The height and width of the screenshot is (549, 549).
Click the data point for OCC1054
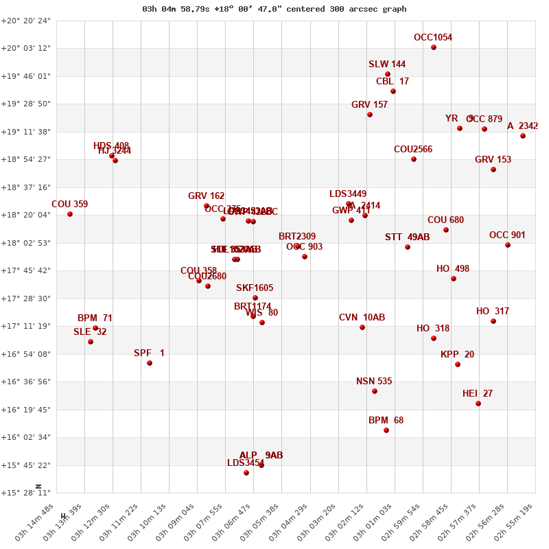(x=434, y=47)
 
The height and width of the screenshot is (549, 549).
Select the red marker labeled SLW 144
(x=388, y=74)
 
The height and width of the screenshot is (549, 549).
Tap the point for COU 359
(x=70, y=214)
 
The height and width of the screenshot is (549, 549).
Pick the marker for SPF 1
(x=150, y=363)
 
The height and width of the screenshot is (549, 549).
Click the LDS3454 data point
(x=246, y=473)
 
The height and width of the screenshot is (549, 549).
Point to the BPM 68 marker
(x=386, y=430)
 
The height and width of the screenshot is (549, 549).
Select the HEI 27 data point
(x=478, y=404)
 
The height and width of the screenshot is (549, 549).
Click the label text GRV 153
(x=493, y=160)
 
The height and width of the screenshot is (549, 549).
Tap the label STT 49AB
(x=407, y=237)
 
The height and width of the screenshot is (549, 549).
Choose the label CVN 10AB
(x=362, y=318)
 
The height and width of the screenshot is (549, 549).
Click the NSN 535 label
(x=374, y=382)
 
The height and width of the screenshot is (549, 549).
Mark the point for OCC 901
(x=508, y=245)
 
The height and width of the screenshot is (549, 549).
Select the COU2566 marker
(x=414, y=159)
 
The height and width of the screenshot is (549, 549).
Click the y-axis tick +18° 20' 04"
(x=26, y=215)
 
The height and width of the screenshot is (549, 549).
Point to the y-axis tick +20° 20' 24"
(x=26, y=21)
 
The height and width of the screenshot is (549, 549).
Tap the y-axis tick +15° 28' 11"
(x=26, y=493)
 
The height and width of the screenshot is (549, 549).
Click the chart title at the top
(x=274, y=9)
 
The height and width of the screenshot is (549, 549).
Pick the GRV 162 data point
(x=207, y=206)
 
